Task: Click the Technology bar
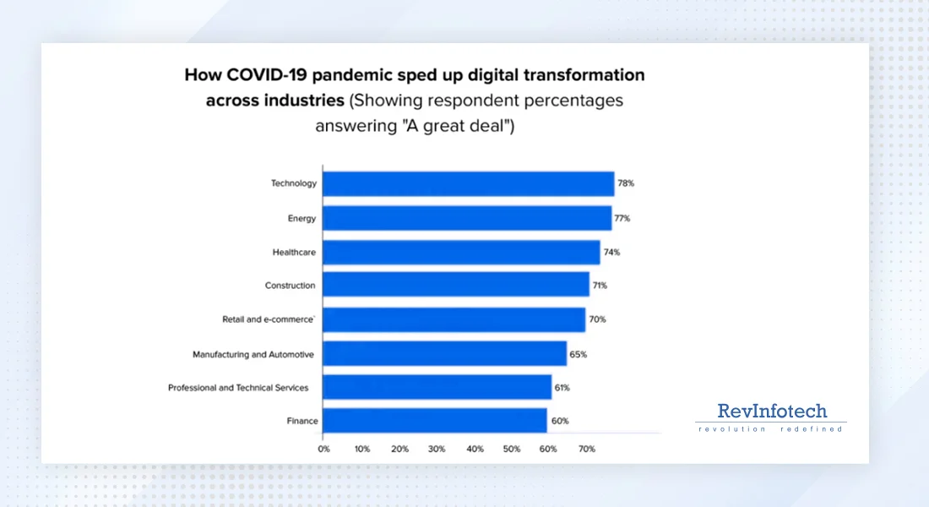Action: tap(469, 183)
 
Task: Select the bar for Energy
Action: tap(467, 218)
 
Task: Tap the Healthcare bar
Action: tap(462, 252)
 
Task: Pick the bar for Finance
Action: tap(435, 421)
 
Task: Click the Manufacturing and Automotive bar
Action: tap(445, 354)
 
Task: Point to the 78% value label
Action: tap(626, 183)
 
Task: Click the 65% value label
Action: tap(579, 355)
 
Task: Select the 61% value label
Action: tap(562, 388)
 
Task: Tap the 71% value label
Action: tap(599, 286)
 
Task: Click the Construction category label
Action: tap(290, 286)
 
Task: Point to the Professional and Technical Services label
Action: tap(238, 388)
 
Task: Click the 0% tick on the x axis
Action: tap(323, 449)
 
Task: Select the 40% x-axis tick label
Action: tap(475, 449)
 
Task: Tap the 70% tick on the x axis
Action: tap(587, 449)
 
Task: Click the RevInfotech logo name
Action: tap(772, 412)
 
